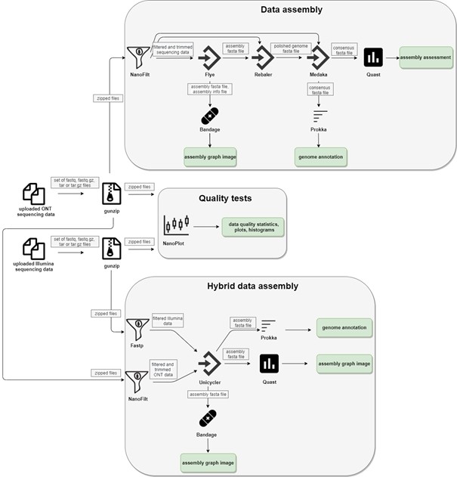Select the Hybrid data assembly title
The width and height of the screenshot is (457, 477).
(x=252, y=286)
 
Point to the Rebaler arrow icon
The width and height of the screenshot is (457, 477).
(x=263, y=57)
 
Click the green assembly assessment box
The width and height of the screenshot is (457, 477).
(x=426, y=57)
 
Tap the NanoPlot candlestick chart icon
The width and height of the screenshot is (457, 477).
(x=175, y=225)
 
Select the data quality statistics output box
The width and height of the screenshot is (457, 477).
(x=253, y=226)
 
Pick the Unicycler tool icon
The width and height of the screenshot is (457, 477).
(x=208, y=364)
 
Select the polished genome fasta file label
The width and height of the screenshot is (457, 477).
(x=291, y=48)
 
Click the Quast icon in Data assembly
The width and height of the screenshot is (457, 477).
(x=373, y=57)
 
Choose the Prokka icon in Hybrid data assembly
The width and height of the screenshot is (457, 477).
(x=267, y=327)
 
